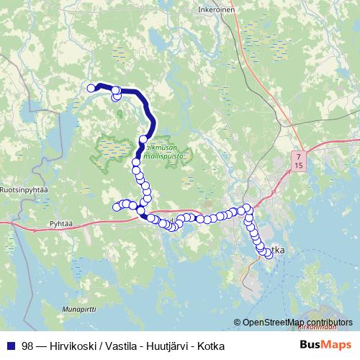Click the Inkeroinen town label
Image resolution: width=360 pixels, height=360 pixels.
point(215,10)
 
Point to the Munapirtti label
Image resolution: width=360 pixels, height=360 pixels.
point(79,308)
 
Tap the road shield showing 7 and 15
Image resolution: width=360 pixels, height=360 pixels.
point(299,160)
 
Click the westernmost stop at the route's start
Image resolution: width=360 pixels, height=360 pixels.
point(91,89)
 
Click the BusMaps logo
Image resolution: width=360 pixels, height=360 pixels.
point(325,346)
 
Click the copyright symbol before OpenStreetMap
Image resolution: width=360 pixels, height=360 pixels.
point(237,323)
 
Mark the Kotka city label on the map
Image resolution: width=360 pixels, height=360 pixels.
point(276,249)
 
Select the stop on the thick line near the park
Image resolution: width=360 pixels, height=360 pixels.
point(144,138)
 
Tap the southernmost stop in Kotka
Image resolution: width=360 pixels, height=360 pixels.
point(269,253)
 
